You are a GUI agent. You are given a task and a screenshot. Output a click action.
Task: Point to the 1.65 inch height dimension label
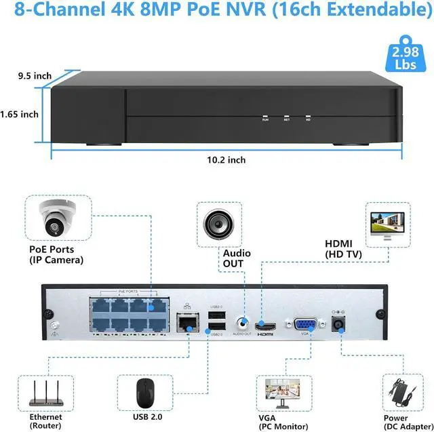[20, 114]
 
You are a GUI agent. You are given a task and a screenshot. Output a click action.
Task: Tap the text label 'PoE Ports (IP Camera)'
[56, 254]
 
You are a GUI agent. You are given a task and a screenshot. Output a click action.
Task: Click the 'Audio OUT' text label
[237, 258]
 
